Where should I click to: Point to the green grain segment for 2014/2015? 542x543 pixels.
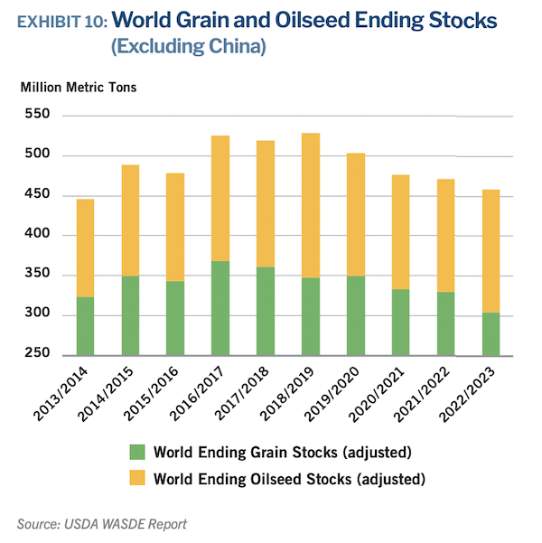pyautogui.click(x=130, y=315)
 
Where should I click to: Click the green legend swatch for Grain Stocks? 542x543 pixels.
pyautogui.click(x=137, y=452)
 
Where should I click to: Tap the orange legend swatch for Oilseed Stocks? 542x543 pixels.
pyautogui.click(x=137, y=478)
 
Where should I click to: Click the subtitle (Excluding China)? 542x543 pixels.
pyautogui.click(x=188, y=47)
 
